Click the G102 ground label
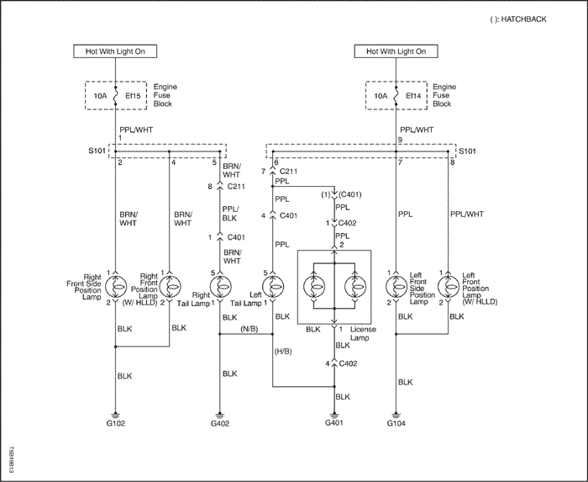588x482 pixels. coord(116,423)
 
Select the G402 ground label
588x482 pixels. coord(220,423)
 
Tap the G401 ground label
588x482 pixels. coord(333,422)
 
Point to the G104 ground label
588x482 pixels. coord(396,423)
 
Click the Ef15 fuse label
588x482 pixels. coord(133,96)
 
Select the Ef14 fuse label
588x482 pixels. coord(413,96)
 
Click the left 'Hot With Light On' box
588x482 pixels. coord(115,51)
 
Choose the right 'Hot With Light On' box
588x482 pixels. coord(396,51)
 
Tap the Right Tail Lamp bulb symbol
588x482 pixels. coord(220,287)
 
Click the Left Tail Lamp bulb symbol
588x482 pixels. coord(273,287)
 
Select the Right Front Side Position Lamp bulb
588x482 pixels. coord(116,287)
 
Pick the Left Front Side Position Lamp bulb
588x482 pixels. coord(396,287)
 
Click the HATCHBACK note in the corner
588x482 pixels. coord(518,19)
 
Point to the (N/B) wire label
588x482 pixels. coord(249,329)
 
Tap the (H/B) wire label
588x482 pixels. coord(283,352)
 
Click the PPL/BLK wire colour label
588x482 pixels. coord(230,214)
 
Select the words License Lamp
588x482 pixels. coord(363,333)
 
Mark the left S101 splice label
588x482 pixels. coord(97,151)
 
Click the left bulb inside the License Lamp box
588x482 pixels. coord(314,287)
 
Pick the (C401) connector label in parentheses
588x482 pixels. coord(350,195)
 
